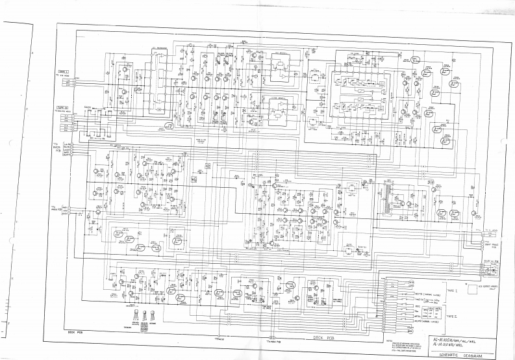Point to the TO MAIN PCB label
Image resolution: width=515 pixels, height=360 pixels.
[55, 209]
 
